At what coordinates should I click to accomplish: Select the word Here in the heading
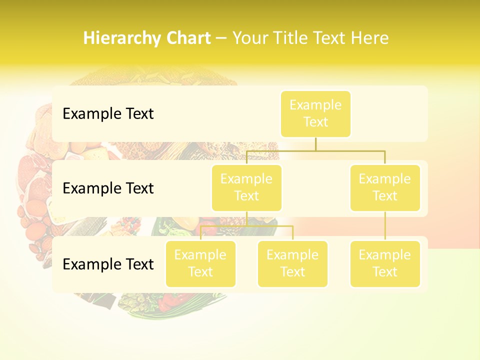(369, 38)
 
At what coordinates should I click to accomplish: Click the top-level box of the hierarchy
(315, 113)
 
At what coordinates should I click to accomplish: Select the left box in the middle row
(246, 187)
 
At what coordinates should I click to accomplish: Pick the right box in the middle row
(385, 187)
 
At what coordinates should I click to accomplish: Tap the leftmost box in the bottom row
(200, 263)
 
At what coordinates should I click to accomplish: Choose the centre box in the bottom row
(292, 263)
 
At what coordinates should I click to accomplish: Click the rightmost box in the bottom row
(385, 263)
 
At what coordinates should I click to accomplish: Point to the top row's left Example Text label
(108, 114)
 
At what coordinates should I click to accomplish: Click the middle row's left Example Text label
(108, 188)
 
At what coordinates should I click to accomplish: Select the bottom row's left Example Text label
(108, 264)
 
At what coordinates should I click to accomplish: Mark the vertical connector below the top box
(315, 144)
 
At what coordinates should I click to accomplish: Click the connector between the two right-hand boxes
(385, 226)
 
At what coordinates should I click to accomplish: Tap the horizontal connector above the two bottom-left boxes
(270, 226)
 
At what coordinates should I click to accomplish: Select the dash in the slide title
(221, 38)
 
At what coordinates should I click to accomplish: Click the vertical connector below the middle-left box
(246, 218)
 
